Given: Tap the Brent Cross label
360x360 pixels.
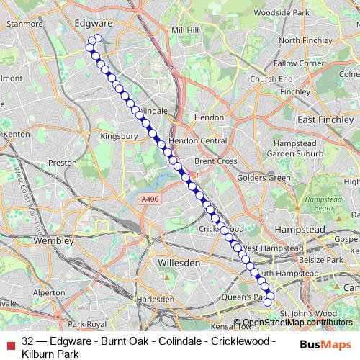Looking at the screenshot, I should click(x=215, y=161).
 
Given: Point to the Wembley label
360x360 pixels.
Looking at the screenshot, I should click(x=55, y=240).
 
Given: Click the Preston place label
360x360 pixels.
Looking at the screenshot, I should click(x=62, y=163).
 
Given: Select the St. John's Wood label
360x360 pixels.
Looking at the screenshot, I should click(x=307, y=313).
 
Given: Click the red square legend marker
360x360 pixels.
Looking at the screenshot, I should click(x=9, y=341).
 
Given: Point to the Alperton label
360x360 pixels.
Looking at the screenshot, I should click(x=49, y=293).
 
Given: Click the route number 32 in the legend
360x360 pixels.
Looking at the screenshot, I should click(x=28, y=341).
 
